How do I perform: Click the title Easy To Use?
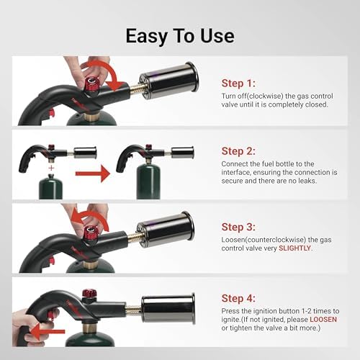(x=180, y=35)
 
